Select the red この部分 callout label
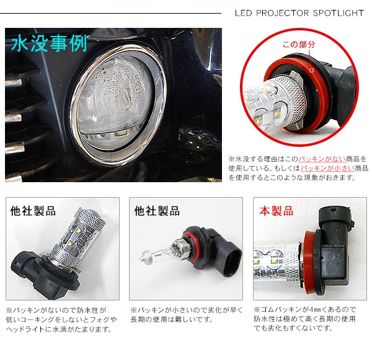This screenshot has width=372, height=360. (299, 45)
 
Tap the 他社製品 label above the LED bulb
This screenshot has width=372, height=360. (33, 211)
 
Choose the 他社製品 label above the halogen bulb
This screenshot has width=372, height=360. (157, 211)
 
